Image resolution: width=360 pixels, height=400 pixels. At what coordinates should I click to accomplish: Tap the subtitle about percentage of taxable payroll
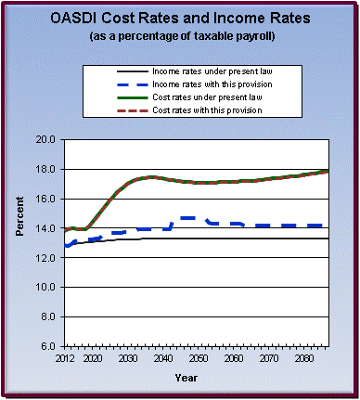(180, 36)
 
